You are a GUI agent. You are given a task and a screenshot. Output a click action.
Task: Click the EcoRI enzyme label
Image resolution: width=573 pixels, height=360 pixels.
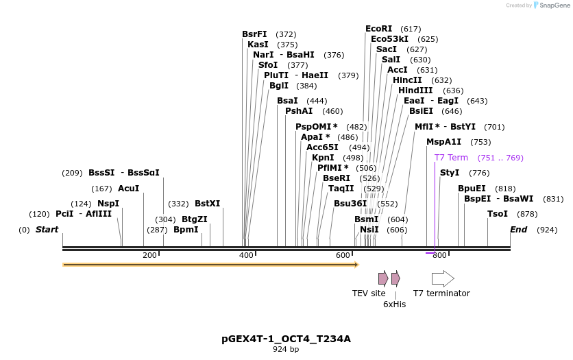point(378,29)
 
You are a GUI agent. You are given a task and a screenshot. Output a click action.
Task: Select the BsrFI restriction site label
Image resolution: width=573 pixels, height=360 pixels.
point(254,34)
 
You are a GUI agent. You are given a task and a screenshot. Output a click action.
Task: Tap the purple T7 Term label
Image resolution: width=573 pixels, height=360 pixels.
point(451,158)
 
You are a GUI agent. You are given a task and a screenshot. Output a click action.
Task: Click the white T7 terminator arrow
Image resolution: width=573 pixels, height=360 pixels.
point(443,278)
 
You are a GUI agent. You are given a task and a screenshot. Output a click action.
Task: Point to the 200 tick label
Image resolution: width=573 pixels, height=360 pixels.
point(149,256)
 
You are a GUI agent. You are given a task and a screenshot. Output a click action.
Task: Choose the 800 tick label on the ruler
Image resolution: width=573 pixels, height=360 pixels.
point(439,256)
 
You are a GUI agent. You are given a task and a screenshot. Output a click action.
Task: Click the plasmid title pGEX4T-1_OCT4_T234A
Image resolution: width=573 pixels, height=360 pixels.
point(286,339)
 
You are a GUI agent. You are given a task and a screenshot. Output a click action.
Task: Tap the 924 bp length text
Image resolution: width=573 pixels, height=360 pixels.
point(286,350)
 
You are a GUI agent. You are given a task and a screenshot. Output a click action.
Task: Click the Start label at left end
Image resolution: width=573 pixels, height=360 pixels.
point(47,230)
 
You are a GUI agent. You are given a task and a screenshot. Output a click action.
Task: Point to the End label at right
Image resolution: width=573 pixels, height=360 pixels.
point(518,230)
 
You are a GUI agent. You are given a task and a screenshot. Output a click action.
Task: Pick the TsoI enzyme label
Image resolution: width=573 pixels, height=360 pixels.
point(498,214)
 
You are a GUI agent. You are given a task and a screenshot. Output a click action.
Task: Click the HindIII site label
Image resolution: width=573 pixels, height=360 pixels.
point(415,91)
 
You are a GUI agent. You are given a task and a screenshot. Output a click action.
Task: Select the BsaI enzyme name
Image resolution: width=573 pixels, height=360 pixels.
point(287,101)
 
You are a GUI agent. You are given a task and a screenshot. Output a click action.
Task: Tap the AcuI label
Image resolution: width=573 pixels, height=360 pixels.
point(128,188)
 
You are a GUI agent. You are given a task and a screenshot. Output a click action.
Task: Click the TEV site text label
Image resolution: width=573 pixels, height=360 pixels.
point(369,293)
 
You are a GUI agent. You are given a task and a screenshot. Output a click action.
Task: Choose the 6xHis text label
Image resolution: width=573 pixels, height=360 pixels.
point(394,304)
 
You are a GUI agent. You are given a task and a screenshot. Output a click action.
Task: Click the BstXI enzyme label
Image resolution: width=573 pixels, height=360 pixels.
point(207,204)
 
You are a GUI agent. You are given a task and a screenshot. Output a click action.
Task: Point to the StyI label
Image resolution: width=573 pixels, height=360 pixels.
point(450,173)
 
